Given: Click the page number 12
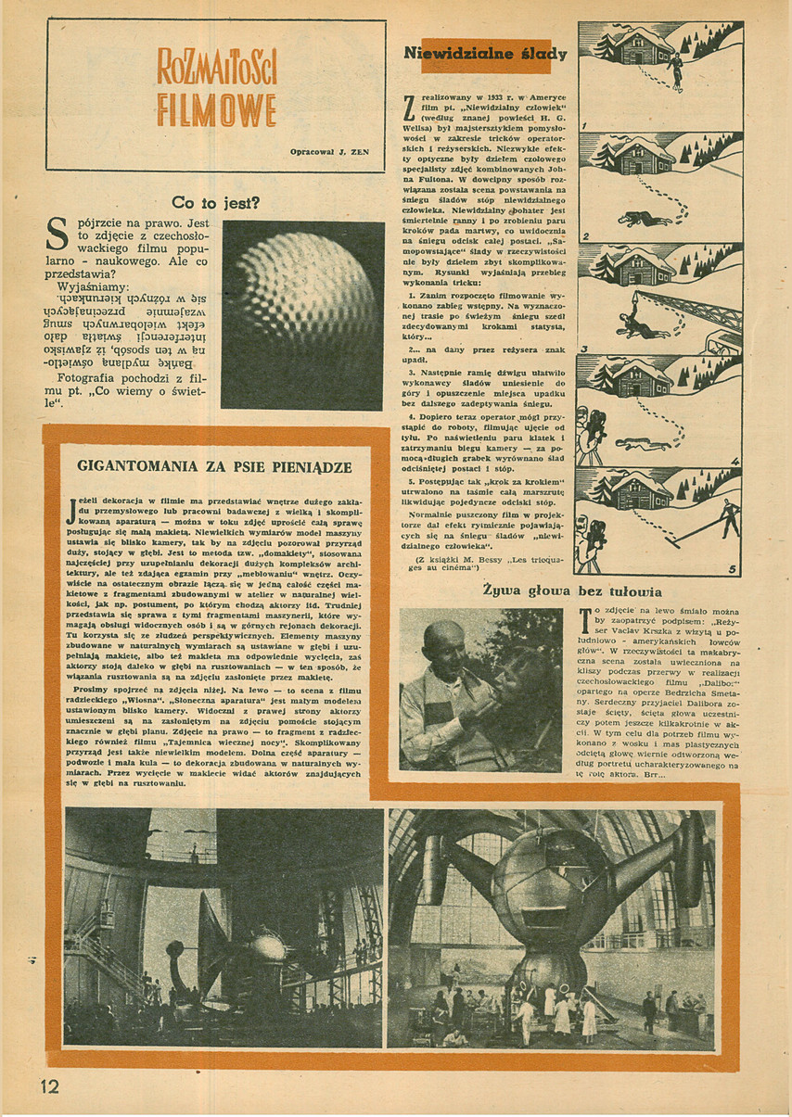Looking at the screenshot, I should tap(48, 1086).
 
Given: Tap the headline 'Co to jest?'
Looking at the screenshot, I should tap(216, 202).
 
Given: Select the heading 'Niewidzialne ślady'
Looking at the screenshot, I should tap(485, 55).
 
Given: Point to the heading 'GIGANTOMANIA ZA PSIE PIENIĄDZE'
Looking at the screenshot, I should tap(214, 467).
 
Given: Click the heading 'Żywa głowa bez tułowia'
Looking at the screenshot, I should tap(571, 590).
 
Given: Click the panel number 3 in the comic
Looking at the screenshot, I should tap(586, 349).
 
